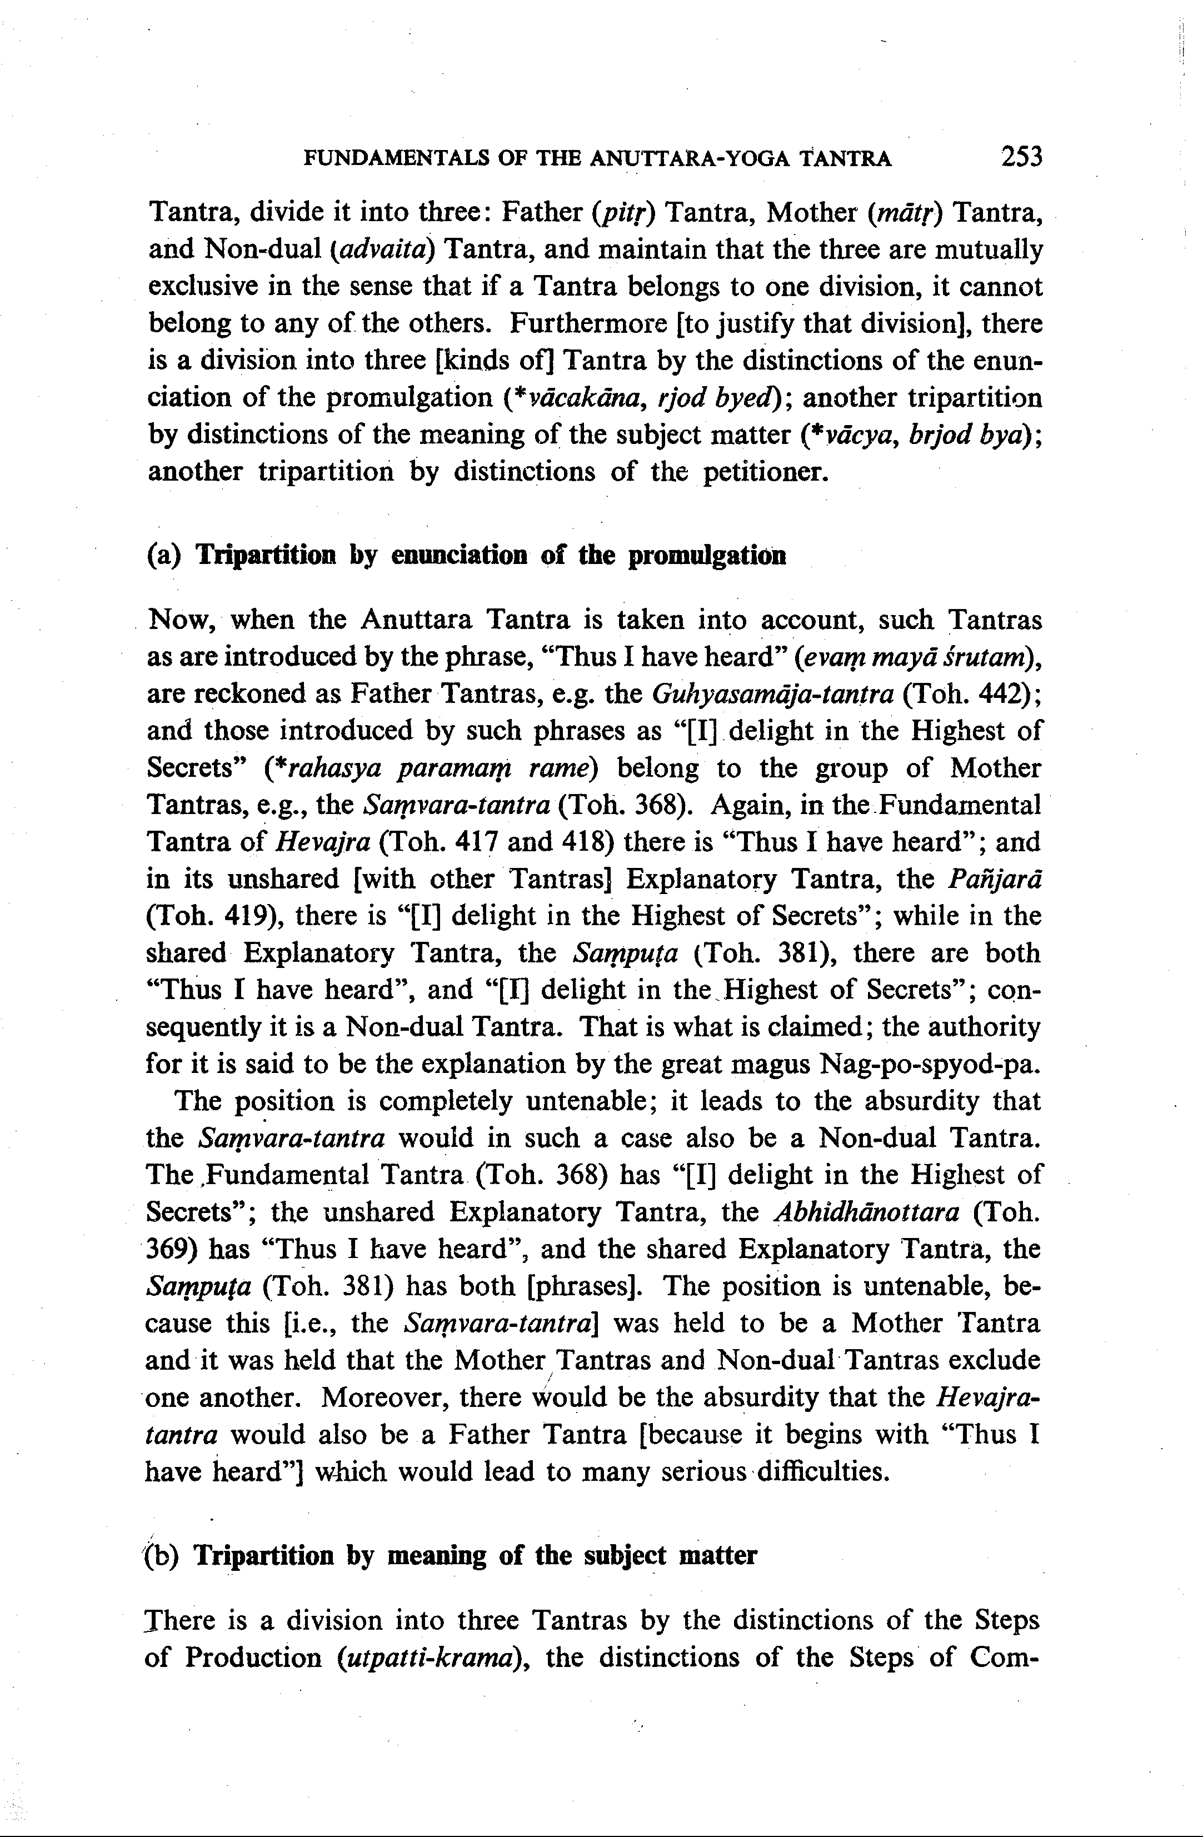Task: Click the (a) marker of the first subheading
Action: coord(163,556)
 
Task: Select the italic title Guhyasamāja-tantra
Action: coord(772,695)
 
